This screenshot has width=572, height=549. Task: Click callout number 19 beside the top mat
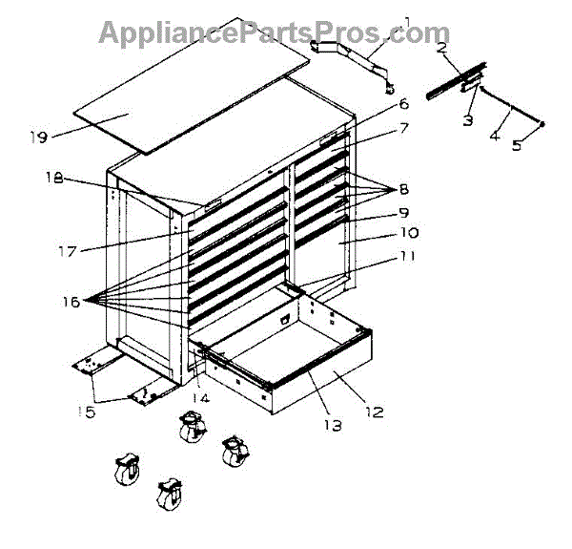pyautogui.click(x=38, y=137)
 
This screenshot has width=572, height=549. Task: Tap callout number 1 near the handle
pyautogui.click(x=407, y=22)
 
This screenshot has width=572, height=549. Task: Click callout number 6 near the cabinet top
pyautogui.click(x=403, y=103)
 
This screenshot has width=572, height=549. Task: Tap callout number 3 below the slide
pyautogui.click(x=467, y=120)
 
